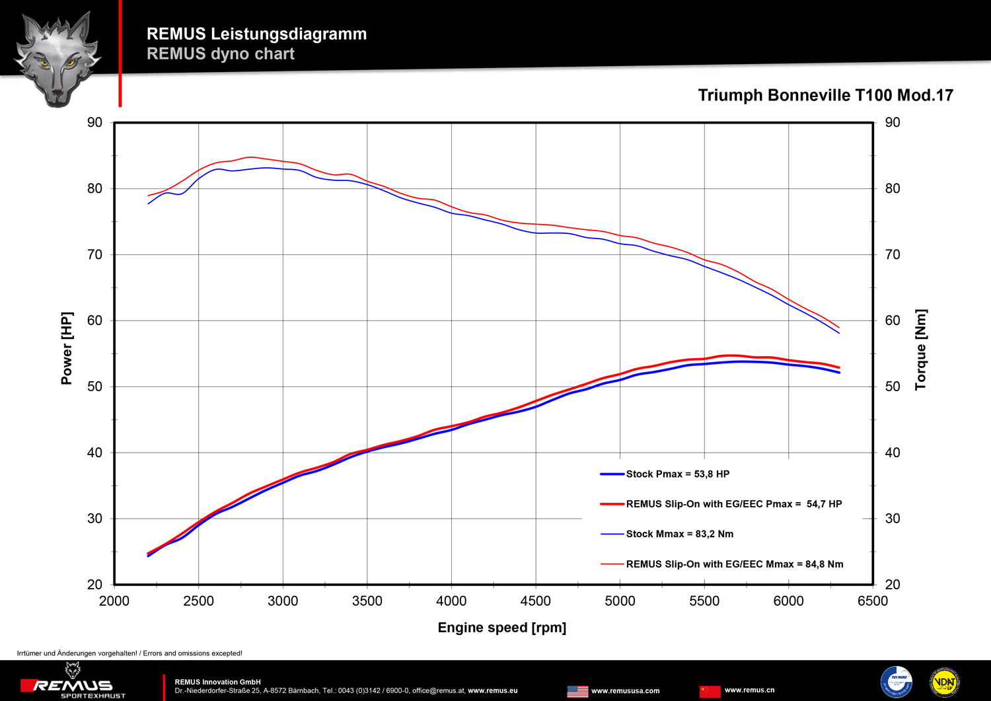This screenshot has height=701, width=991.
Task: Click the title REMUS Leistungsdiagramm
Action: (x=256, y=34)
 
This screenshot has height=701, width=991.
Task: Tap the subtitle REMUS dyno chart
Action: (x=220, y=54)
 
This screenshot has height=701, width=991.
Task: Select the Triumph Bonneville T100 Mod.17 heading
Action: (x=825, y=96)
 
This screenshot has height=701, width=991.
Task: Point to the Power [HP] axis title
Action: (x=67, y=348)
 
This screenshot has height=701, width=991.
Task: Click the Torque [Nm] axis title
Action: (x=921, y=350)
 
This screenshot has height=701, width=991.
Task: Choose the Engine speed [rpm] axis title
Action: (x=501, y=628)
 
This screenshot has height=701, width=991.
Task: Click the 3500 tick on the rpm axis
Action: (x=367, y=601)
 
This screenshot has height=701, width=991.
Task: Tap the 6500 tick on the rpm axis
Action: (x=873, y=601)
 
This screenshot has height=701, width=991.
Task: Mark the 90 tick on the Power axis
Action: (x=95, y=123)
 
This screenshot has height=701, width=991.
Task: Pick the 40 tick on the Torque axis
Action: (x=892, y=453)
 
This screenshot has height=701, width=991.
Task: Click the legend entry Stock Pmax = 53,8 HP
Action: (x=677, y=474)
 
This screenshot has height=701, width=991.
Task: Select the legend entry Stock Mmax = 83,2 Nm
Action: (x=679, y=534)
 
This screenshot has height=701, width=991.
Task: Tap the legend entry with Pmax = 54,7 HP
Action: (x=733, y=504)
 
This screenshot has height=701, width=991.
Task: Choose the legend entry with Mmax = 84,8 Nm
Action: (x=734, y=564)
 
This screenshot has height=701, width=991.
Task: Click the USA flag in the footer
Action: (x=577, y=691)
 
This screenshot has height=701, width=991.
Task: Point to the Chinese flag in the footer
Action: (x=710, y=691)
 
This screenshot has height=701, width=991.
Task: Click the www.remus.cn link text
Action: (x=749, y=690)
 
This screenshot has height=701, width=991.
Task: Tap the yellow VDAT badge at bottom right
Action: (x=944, y=683)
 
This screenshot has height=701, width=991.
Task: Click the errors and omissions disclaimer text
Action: (x=129, y=653)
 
